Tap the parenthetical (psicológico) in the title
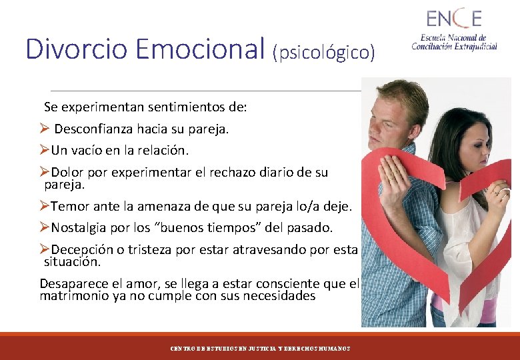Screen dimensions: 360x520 tap(324, 52)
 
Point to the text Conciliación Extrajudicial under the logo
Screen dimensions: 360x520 tap(454, 46)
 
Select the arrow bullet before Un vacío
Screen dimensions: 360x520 tap(45, 150)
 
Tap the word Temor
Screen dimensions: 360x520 tap(68, 206)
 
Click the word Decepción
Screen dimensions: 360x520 tap(80, 250)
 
